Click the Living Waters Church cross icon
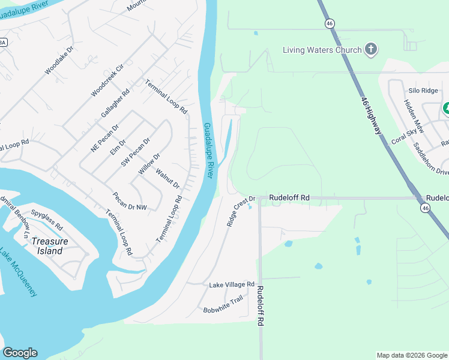click(371, 50)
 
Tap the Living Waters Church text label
click(322, 50)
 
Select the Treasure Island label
click(50, 246)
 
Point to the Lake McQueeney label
click(19, 272)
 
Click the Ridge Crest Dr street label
click(241, 211)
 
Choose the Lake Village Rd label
click(232, 284)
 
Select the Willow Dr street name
click(149, 164)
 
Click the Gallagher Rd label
click(116, 104)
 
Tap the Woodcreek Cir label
click(107, 81)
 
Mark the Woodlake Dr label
click(59, 61)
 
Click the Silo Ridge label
click(423, 90)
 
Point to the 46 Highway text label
click(372, 115)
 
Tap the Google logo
click(20, 353)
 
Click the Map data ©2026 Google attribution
click(411, 355)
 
